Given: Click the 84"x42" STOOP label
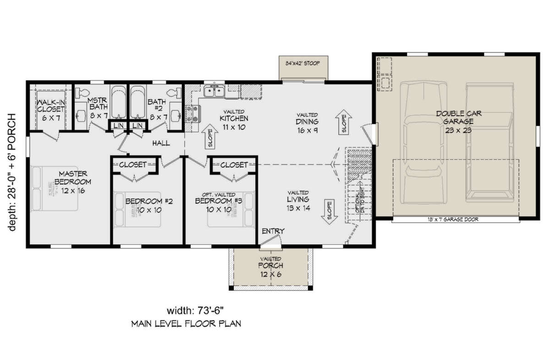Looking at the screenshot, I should pos(303,63).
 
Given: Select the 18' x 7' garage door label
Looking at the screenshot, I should pos(456,220).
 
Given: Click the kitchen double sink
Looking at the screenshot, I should pos(214,92).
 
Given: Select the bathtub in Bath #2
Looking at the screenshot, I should pos(137,102).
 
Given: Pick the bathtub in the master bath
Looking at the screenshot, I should pos(118,102).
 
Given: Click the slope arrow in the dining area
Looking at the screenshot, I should pos(344,122).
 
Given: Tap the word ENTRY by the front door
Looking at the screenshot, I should pos(273,231).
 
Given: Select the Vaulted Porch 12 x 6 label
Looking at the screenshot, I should pos(270,266).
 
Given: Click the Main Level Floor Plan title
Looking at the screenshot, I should pos(186,324).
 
